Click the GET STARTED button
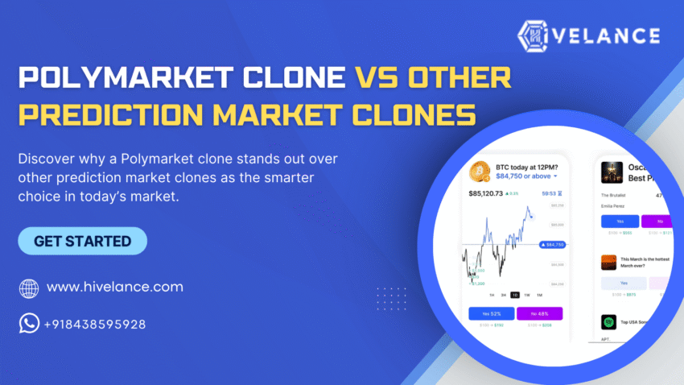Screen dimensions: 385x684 [82, 241]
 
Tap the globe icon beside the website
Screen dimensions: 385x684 [29, 288]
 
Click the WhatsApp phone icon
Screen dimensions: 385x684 [29, 324]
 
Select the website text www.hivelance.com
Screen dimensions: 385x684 [114, 287]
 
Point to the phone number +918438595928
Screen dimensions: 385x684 [94, 325]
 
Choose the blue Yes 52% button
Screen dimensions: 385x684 [491, 313]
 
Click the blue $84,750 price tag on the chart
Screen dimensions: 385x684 [552, 244]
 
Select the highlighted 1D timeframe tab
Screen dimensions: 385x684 [515, 295]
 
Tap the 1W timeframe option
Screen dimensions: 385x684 [527, 295]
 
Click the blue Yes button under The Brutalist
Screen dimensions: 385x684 [620, 221]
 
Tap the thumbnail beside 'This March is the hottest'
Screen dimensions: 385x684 [608, 261]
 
